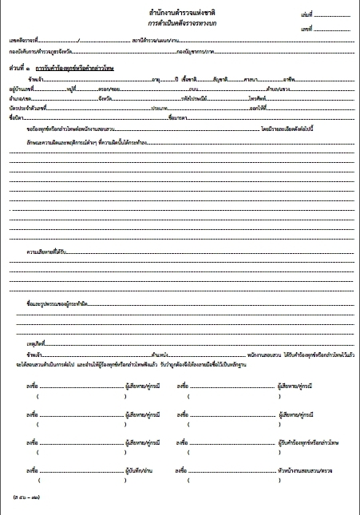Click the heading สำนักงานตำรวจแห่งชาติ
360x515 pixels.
(182, 14)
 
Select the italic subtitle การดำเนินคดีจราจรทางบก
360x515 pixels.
(182, 25)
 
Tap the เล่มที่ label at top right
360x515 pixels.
(309, 15)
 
